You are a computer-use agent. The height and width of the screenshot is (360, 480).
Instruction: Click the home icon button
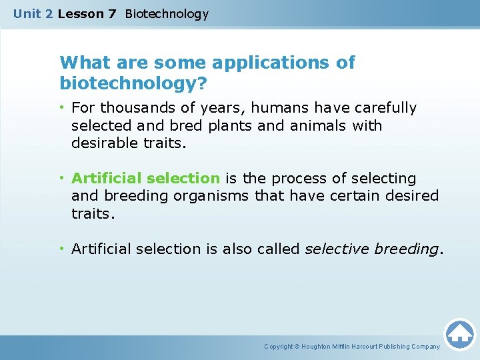tap(459, 334)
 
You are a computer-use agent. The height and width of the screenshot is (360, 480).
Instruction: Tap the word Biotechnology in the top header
tap(167, 13)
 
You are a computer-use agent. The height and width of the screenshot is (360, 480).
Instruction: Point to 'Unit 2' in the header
tap(33, 13)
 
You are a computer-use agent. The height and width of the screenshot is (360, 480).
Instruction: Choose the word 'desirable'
tap(104, 143)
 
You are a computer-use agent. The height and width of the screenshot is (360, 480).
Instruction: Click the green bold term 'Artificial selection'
tap(145, 179)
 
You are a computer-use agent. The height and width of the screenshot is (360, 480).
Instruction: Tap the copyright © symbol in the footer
tap(297, 347)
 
